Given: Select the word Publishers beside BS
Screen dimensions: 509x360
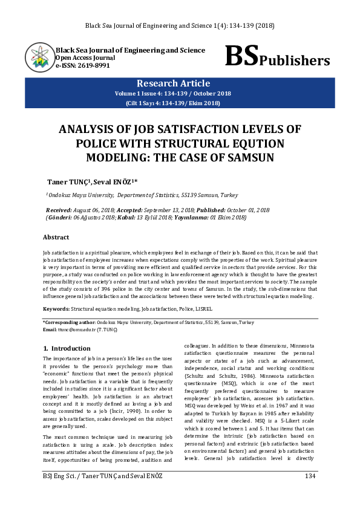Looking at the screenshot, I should (x=295, y=60).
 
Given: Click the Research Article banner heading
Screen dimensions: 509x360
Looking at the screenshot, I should (x=174, y=83).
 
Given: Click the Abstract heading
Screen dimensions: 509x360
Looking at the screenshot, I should (x=56, y=238).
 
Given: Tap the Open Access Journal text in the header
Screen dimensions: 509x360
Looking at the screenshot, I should (x=81, y=58).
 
